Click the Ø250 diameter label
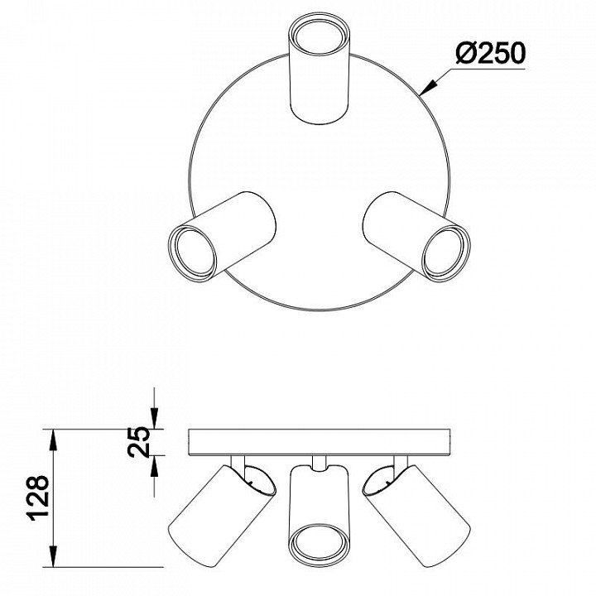pyautogui.click(x=490, y=53)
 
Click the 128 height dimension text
pyautogui.click(x=38, y=497)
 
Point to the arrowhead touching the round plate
pyautogui.click(x=428, y=87)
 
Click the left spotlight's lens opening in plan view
pyautogui.click(x=192, y=254)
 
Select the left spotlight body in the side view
pyautogui.click(x=222, y=516)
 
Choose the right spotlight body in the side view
pyautogui.click(x=417, y=516)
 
